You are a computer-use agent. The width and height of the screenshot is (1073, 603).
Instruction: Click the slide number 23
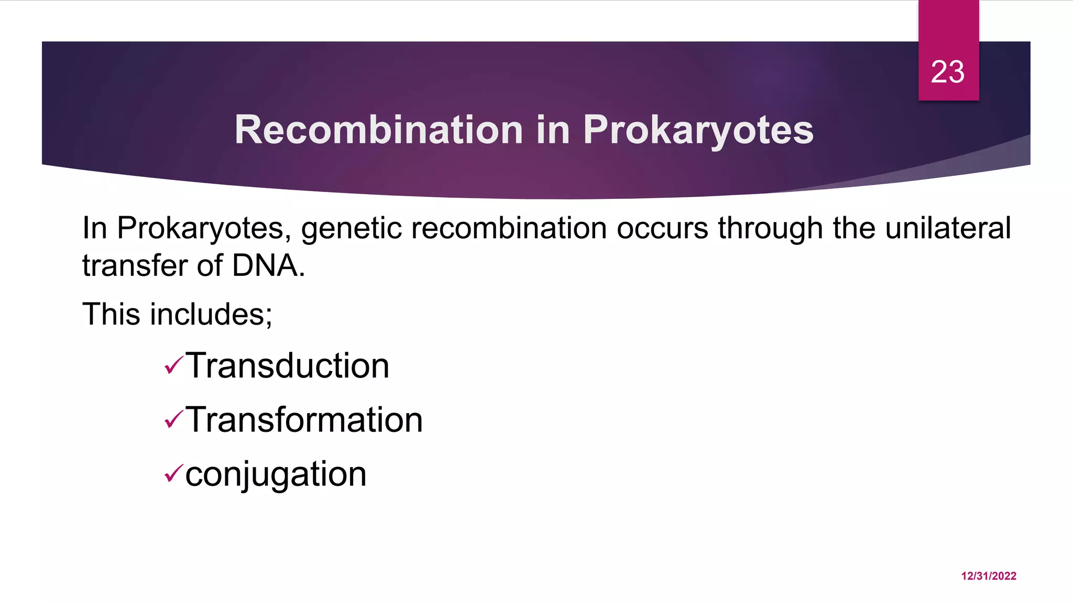(947, 72)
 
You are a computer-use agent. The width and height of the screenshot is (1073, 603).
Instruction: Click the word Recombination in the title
(378, 130)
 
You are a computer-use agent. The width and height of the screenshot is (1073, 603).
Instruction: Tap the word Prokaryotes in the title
(698, 130)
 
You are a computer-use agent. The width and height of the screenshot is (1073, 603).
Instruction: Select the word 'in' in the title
(553, 130)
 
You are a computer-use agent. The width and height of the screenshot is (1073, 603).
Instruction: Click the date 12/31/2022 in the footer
(989, 576)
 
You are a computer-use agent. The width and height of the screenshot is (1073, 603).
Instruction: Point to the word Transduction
(287, 365)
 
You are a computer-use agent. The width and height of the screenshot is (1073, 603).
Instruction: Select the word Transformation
(304, 420)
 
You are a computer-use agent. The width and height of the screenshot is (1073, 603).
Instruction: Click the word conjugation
(276, 474)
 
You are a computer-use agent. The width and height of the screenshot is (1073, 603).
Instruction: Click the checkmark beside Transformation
(173, 419)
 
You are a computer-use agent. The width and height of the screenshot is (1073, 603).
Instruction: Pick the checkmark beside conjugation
(173, 474)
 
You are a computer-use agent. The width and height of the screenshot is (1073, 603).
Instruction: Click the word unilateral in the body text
(948, 228)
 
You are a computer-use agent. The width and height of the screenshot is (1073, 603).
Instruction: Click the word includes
(211, 314)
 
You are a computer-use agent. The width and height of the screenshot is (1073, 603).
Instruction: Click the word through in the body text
(770, 229)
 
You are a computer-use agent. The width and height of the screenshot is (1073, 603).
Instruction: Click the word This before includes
(111, 314)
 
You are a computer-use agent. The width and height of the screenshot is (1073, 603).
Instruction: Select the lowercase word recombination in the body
(509, 228)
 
